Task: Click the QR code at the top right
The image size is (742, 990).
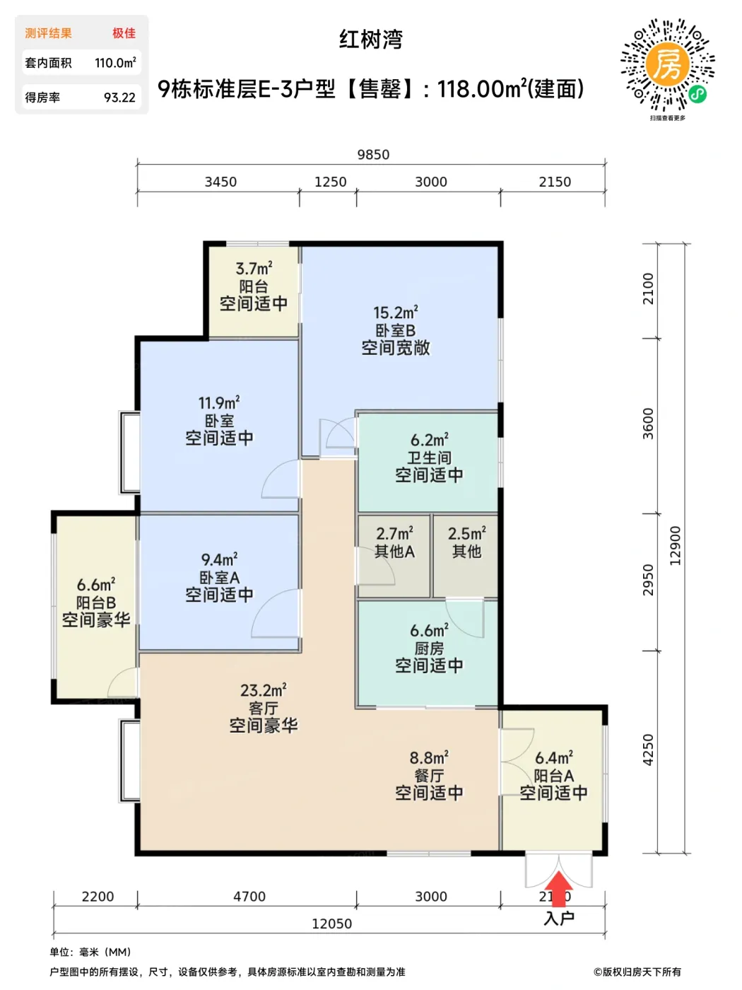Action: point(668,65)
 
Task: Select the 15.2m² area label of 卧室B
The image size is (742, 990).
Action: point(395,312)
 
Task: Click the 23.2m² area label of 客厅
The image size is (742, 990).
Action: point(263,690)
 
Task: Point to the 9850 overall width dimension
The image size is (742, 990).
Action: point(373,155)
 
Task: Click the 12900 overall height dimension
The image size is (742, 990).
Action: point(676,546)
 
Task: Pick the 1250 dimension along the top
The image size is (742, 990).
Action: point(330,182)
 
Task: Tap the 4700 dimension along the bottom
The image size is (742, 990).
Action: point(249,896)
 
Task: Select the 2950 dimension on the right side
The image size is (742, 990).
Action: point(648,580)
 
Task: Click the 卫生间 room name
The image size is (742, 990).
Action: point(429,458)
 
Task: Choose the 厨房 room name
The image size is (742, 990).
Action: point(429,648)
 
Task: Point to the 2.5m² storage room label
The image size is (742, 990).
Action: point(466,534)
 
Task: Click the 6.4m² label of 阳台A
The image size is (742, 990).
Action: point(554,758)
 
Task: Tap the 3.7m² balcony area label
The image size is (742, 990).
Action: point(254,268)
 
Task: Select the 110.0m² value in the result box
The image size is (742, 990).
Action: point(115,63)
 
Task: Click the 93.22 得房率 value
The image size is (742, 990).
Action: point(119,98)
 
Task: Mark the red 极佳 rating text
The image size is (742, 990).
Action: point(124,33)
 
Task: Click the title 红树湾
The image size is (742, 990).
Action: point(371,40)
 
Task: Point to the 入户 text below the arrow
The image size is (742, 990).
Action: point(559,919)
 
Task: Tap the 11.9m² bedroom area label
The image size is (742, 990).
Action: point(219,402)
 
